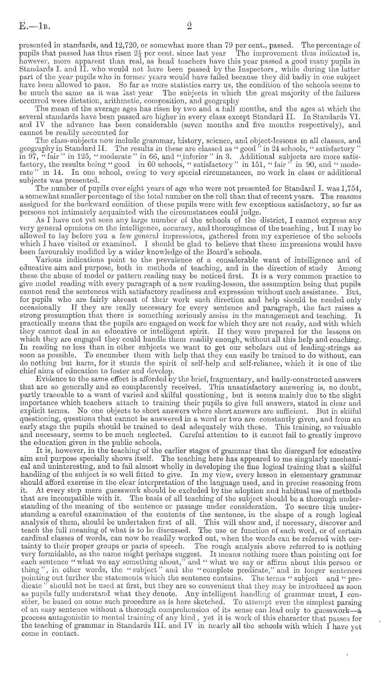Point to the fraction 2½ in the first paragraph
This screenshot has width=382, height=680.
coord(137,53)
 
